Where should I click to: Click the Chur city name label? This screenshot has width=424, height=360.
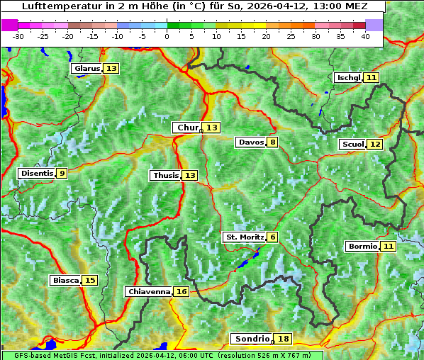(x=188, y=128)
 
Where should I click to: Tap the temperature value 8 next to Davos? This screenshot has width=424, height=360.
(x=273, y=142)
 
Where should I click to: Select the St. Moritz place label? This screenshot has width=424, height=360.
(x=244, y=237)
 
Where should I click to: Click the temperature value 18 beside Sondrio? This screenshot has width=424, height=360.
(x=284, y=339)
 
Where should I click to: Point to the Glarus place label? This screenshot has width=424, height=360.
(x=87, y=68)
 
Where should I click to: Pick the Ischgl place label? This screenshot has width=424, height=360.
(x=348, y=77)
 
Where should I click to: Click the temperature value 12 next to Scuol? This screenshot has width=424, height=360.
(x=375, y=144)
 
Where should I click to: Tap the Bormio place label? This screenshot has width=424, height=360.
(x=362, y=246)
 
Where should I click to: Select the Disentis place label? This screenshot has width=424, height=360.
(x=36, y=173)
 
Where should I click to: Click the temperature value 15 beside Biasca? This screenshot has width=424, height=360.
(x=89, y=280)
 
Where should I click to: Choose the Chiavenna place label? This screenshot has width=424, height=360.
(x=148, y=291)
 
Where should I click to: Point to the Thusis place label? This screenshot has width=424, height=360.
(x=164, y=175)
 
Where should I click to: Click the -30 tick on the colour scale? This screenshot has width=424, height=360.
(x=18, y=35)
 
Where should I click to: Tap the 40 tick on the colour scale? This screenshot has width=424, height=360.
(x=365, y=35)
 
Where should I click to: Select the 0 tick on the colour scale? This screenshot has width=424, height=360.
(x=167, y=35)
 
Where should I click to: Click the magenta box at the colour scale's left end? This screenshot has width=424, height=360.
(x=10, y=25)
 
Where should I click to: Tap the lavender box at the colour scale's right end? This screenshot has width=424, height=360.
(x=374, y=25)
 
